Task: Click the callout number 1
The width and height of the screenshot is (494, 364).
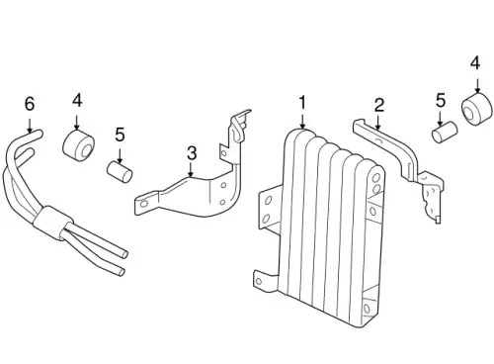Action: (x=302, y=103)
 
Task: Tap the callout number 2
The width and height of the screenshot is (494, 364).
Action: (x=379, y=105)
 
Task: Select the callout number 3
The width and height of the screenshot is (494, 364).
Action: (x=192, y=153)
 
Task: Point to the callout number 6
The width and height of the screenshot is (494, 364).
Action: (x=30, y=104)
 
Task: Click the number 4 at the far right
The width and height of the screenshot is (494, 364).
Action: (x=475, y=63)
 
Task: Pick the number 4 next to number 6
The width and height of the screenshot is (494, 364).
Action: (x=77, y=100)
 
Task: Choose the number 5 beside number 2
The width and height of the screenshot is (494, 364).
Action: (x=441, y=101)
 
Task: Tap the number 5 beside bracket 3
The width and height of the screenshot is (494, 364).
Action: (x=120, y=135)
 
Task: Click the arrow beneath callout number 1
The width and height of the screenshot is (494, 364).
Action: (x=302, y=121)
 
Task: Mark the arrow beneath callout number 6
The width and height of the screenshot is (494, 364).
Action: (x=30, y=125)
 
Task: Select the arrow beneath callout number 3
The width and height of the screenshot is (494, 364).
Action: (x=191, y=170)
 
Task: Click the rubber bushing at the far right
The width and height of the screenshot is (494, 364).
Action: (x=476, y=109)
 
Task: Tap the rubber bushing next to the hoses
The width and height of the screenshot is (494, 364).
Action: (x=78, y=146)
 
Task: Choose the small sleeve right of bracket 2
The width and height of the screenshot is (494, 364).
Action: (x=445, y=132)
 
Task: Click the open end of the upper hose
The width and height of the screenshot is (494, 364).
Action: (x=124, y=254)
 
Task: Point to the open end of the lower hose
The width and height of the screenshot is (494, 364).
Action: (x=122, y=272)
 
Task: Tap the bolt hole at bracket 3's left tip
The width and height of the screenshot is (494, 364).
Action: (x=144, y=204)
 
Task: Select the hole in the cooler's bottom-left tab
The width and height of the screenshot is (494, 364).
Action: (x=259, y=281)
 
